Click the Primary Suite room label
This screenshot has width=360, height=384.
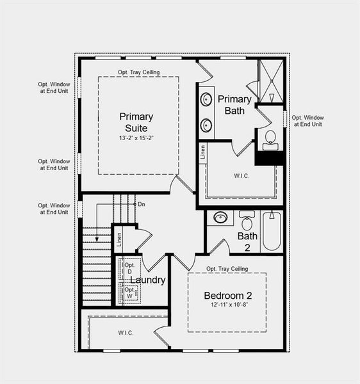coord(136,122)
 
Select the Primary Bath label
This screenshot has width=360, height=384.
coord(234,104)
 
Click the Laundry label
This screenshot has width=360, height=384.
coord(148,280)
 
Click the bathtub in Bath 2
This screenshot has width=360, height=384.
coord(272,231)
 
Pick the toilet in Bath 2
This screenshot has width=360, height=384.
coord(247,222)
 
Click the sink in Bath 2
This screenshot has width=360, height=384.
coord(220,218)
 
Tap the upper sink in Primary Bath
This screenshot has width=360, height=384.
coord(206,100)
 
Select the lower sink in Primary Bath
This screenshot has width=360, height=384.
coord(206,124)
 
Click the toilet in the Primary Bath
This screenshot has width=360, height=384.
coord(270,139)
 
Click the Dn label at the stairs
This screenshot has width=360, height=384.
coord(142,204)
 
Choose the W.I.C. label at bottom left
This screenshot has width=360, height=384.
coord(126,332)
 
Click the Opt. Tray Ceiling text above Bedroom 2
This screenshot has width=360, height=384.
coord(227,269)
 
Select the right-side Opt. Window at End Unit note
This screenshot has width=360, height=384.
coord(307,121)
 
